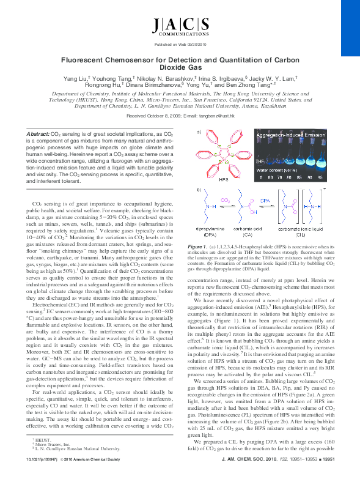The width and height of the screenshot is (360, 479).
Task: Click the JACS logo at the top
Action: point(179,26)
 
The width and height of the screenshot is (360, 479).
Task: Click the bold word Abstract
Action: point(37,133)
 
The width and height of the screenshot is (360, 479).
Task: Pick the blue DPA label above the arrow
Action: point(265,199)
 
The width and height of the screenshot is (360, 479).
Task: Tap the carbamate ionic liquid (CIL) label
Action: point(297,232)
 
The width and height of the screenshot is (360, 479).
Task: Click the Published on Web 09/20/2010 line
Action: point(179,45)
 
